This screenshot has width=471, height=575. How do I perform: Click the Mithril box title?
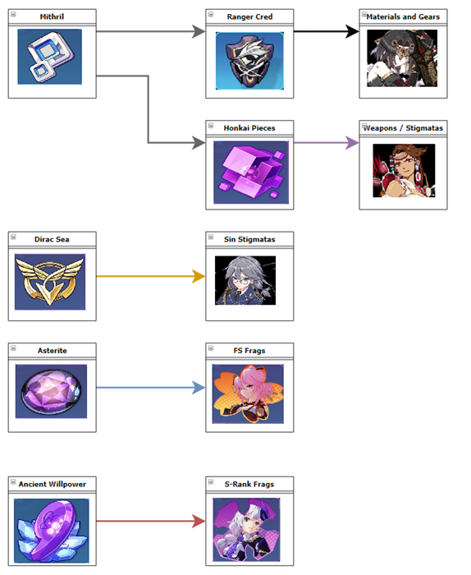52,17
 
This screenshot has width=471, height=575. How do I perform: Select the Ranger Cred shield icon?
249,61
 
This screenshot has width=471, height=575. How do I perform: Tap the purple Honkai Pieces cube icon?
251,172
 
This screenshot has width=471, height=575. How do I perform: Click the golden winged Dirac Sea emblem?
50,282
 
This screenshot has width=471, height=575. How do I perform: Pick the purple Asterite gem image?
51,391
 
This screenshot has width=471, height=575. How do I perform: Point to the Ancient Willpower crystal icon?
52,531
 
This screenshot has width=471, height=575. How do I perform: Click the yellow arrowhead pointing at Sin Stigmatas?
199,276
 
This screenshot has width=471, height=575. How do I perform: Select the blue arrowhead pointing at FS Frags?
199,388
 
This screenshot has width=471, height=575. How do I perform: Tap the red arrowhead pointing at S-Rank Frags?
199,521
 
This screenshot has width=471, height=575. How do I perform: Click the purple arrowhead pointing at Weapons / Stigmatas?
352,143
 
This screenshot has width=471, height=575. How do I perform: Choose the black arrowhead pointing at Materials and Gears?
352,31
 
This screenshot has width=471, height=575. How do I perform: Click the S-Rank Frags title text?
249,484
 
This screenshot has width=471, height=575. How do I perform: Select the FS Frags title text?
249,351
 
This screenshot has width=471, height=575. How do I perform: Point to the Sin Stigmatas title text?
249,240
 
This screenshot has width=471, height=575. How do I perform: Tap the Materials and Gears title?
403,17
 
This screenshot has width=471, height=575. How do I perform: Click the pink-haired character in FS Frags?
248,393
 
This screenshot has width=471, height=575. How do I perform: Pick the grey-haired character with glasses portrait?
245,281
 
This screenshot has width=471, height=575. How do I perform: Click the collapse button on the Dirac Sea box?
13,237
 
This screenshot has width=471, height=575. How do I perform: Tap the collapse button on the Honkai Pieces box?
211,126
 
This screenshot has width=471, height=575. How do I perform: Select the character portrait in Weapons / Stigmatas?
404,171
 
